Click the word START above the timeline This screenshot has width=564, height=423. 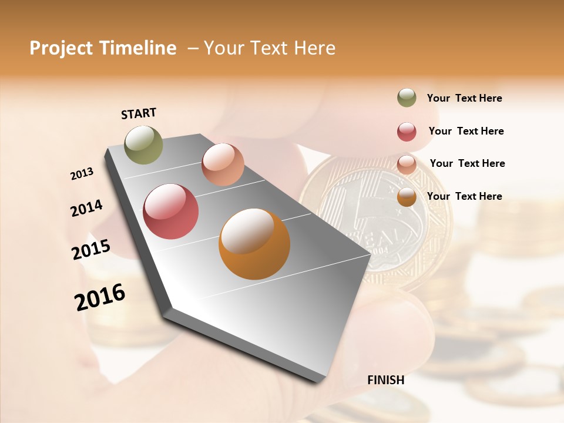tap(139, 113)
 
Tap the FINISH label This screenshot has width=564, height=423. tap(386, 380)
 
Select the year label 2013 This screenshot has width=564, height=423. tap(82, 174)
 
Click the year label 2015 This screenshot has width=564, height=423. tap(91, 250)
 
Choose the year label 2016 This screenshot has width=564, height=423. tap(100, 297)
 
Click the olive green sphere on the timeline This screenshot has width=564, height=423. tap(144, 145)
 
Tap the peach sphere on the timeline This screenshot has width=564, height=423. tap(223, 164)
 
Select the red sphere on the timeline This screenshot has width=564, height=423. tap(171, 211)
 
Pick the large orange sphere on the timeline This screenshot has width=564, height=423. tap(254, 244)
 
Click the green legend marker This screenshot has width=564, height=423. tap(407, 98)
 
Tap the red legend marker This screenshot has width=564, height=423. tap(407, 132)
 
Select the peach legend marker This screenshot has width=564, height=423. tap(407, 164)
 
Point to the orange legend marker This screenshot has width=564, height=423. tap(407, 197)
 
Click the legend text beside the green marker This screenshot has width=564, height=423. tap(464, 98)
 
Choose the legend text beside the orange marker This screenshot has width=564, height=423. tap(464, 196)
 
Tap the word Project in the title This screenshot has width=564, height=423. tap(61, 48)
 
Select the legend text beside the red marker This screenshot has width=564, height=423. tap(466, 131)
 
